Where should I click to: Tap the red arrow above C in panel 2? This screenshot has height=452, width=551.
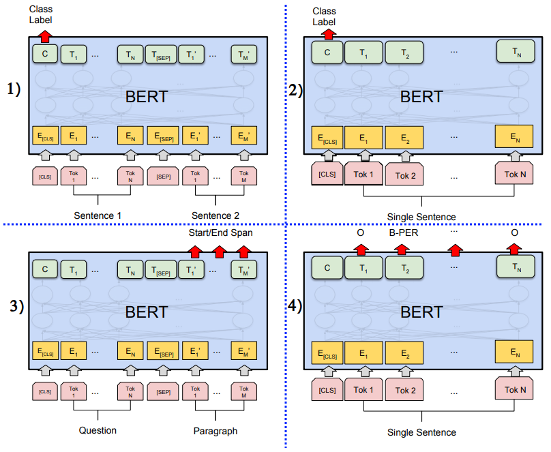point(329,34)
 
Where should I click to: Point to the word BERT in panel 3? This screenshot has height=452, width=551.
point(147,312)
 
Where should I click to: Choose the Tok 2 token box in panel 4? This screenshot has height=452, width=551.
point(405,390)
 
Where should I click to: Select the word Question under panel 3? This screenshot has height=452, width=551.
point(98,430)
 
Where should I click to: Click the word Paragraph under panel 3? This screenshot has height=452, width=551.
point(215,430)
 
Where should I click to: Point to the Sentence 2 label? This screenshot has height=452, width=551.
point(215,215)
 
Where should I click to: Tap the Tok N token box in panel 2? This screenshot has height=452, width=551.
point(515,174)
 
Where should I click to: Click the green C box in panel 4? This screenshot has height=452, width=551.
point(328,269)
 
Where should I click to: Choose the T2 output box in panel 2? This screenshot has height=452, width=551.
point(404,52)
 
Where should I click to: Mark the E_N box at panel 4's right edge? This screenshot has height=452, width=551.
point(515,353)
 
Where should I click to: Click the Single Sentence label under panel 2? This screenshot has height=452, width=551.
point(421,217)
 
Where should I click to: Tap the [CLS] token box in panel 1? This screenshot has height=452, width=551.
point(45,176)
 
